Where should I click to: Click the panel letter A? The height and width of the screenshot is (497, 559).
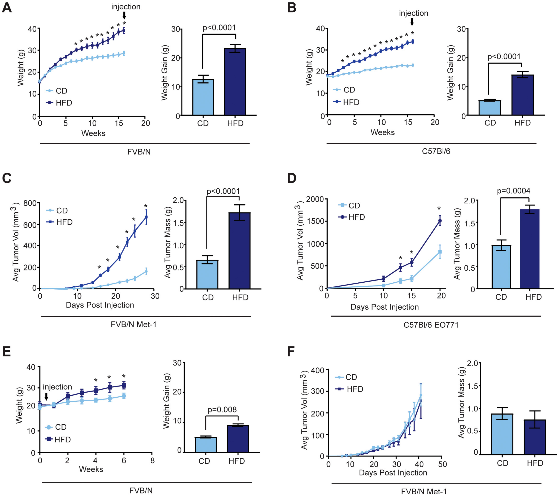click(7, 8)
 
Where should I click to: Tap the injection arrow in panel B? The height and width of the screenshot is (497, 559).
click(412, 22)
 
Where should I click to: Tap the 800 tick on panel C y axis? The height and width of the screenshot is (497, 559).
click(30, 203)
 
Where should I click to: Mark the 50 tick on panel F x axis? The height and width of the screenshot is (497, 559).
click(442, 464)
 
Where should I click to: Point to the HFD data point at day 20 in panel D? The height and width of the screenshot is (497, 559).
click(440, 221)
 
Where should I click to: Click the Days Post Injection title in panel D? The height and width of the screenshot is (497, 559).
click(385, 307)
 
